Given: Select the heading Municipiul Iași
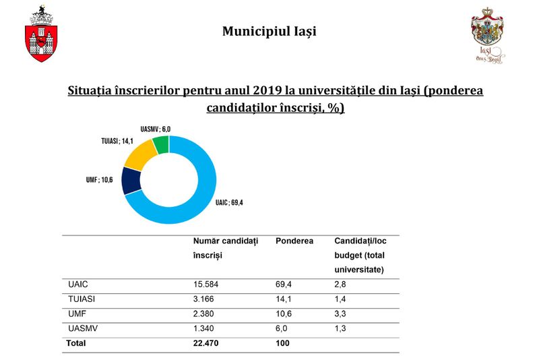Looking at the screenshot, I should point(269,31).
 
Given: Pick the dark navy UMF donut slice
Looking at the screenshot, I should point(131,181).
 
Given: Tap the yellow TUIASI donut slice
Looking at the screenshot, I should point(140,154).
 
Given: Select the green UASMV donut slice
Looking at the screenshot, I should point(160,144).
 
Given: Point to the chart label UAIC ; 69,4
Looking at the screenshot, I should point(229,202).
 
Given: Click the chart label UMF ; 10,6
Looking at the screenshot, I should point(98,180).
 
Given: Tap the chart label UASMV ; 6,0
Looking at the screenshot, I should point(156,129).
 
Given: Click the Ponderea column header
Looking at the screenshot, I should point(294,241).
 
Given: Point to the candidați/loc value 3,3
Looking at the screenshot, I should point(340,313).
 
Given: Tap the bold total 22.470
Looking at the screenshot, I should point(207,343).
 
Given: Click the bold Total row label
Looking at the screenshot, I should point(76,343).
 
